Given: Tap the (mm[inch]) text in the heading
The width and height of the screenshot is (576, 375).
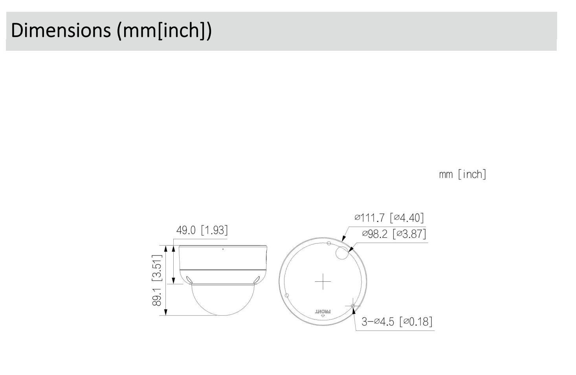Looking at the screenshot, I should click(164, 31).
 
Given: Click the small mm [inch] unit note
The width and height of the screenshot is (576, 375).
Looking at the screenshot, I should click(462, 174).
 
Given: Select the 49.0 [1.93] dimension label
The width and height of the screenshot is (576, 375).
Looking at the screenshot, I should click(202, 230).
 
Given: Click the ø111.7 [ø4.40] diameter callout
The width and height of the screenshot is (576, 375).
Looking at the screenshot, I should click(389, 218).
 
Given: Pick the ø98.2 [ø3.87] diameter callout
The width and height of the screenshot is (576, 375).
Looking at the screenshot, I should click(394, 234).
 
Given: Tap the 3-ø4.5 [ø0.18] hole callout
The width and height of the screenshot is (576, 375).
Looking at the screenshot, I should click(397, 322).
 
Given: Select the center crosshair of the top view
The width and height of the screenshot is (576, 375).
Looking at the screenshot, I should click(323, 281).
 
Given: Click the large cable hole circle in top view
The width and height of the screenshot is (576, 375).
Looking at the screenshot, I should click(342, 254).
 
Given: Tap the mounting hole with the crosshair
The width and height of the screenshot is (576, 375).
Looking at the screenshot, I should click(353, 306).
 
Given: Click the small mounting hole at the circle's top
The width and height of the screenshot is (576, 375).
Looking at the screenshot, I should click(329, 244).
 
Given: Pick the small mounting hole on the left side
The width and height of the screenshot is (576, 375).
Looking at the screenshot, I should click(286, 295).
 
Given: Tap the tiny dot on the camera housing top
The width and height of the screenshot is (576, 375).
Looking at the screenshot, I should click(223, 249).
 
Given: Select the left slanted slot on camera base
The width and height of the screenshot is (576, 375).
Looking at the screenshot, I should click(189, 279).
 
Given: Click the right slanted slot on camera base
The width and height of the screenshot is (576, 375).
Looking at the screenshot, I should click(257, 279).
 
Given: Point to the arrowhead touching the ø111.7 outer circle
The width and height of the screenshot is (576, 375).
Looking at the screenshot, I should click(343, 238).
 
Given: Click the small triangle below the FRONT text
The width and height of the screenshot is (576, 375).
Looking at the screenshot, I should click(323, 316).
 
